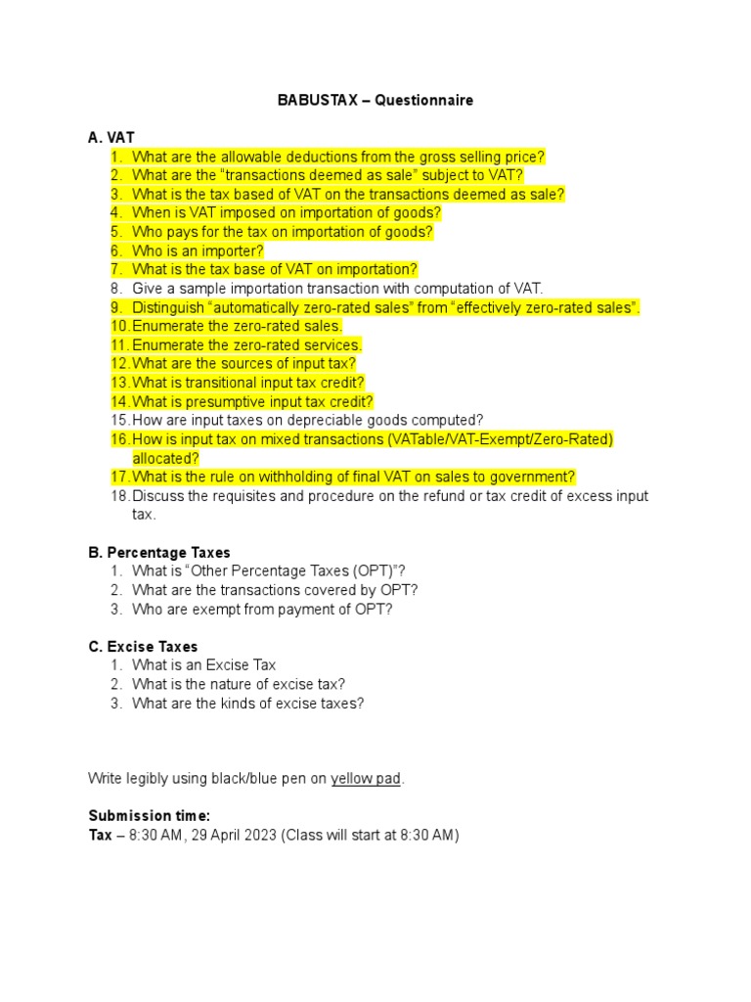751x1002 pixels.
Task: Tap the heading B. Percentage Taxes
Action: point(159,553)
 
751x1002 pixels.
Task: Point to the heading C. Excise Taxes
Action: point(143,647)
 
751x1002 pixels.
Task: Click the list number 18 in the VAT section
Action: point(119,496)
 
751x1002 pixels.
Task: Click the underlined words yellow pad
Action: point(366,779)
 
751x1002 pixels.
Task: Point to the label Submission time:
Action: point(149,816)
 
